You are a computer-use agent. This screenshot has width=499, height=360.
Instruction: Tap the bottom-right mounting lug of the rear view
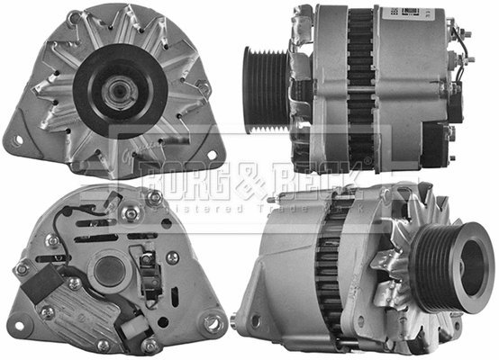[x=214, y=321]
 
